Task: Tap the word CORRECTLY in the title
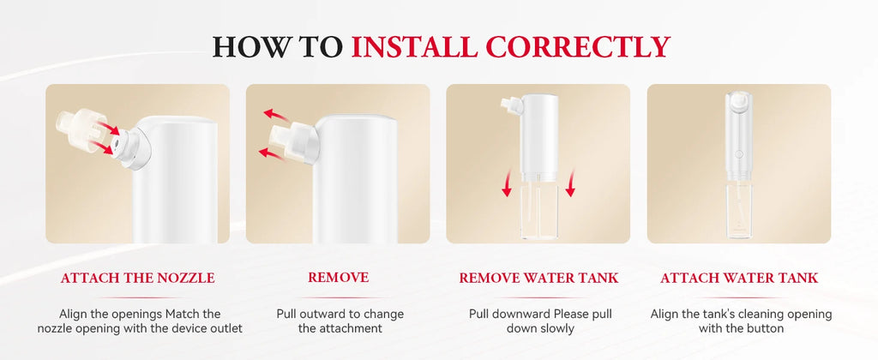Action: click(575, 46)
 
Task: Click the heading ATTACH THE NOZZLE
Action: click(137, 278)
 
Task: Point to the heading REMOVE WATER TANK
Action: click(538, 278)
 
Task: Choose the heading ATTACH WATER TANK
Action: click(739, 278)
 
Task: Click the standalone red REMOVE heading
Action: click(338, 277)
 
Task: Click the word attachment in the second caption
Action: click(340, 328)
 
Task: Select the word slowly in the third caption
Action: click(555, 328)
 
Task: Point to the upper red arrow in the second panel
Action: click(277, 116)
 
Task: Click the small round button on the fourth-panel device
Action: click(738, 153)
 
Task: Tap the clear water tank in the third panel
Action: click(538, 210)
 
